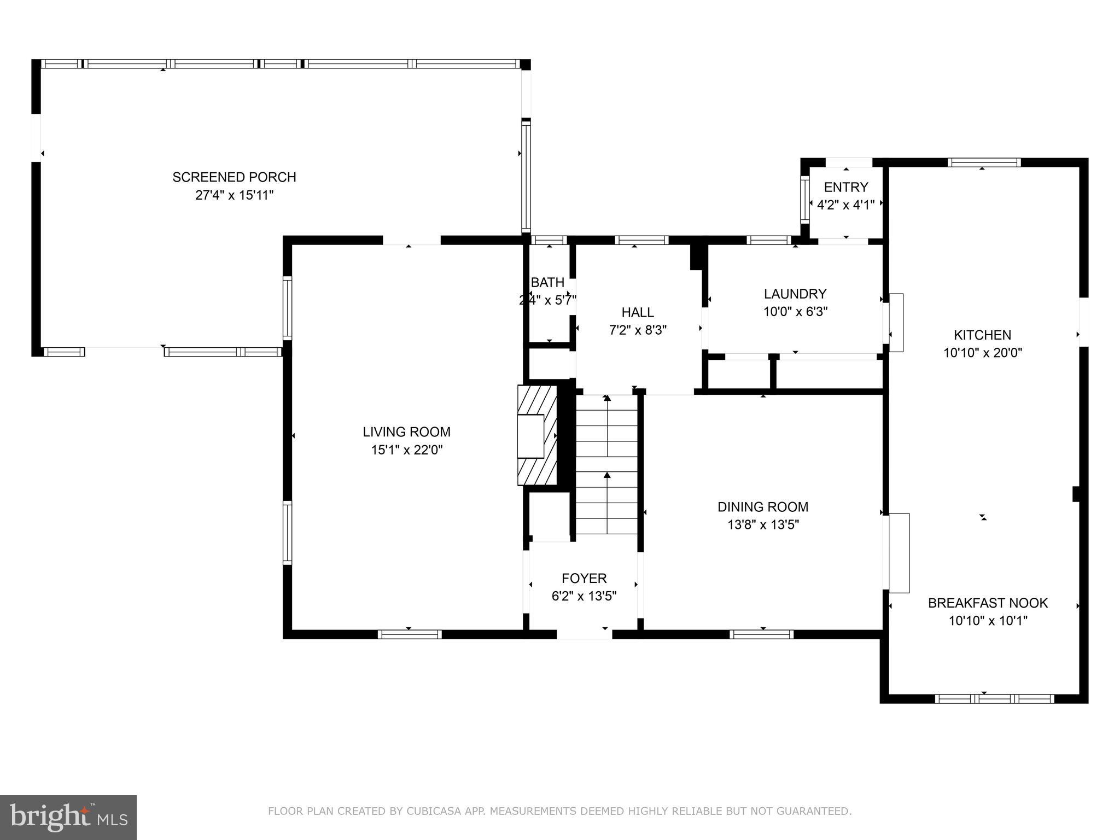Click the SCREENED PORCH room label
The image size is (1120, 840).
point(234,177)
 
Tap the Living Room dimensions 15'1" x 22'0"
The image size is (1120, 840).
point(406,450)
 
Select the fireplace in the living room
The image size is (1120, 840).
point(537,436)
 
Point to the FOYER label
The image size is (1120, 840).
point(584,578)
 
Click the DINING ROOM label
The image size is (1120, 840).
point(763,507)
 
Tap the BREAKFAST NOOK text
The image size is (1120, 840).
point(988,603)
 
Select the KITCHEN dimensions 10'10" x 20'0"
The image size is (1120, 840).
point(982,353)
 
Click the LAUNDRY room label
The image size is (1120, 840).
point(795,294)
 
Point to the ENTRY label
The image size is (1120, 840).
point(845,187)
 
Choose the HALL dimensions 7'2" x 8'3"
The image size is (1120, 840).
point(638,330)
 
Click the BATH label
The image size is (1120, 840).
point(547,283)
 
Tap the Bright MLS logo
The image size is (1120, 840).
point(68,817)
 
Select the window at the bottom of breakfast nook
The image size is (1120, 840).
point(994,698)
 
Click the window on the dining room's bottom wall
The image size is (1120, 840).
point(761,634)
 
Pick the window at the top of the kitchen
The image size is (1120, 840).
point(984,162)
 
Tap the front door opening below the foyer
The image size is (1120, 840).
point(584,634)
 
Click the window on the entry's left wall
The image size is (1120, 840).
point(804,199)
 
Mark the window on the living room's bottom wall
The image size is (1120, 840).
point(410,634)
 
